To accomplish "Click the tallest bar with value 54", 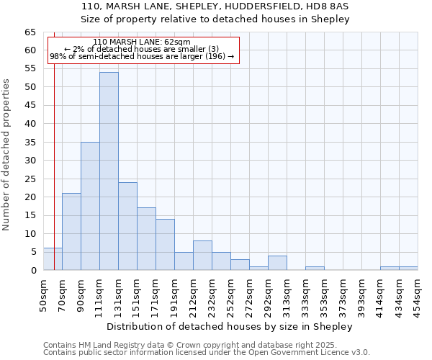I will pos(109,171).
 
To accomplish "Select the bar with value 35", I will pos(90,206).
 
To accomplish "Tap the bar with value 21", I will pos(71,232).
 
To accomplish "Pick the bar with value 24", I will pos(127,226).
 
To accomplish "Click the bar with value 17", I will pos(146,239).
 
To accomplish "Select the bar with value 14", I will pos(165,245).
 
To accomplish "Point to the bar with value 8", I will pos(202,256).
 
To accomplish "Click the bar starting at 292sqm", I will pos(277,263).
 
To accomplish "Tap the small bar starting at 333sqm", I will pos(315,268).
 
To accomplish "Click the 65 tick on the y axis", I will pos(30,32).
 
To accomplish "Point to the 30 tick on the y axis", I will pos(30,161).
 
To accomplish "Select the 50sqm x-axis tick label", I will pos(44,294).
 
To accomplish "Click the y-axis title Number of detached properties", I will pos(6,155).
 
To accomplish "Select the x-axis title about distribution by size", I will pos(230,326).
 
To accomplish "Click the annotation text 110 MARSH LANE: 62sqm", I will pos(142,42).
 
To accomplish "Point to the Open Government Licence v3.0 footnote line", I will pos(207,353).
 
